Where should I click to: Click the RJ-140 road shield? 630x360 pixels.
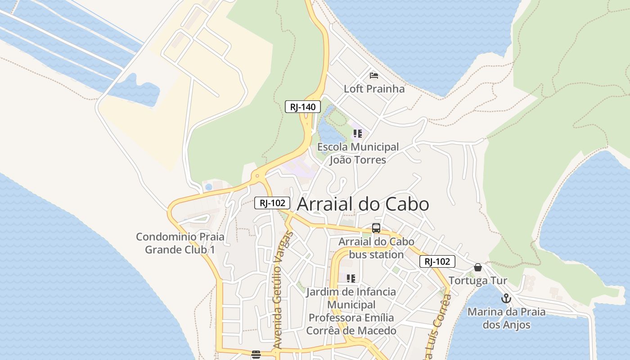pos(303,107)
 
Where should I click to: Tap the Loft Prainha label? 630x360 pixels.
pos(374,89)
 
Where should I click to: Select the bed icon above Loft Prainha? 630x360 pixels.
pos(373,75)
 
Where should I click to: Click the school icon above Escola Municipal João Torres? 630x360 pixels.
pos(357,134)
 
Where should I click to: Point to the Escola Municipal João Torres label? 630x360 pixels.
pos(358,153)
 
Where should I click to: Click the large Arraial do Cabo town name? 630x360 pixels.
pos(363,204)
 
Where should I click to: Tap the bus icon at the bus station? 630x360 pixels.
pos(376,228)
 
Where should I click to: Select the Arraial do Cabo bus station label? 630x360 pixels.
pos(376,248)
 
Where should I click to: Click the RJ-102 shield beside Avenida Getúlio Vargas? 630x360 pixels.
pos(272,203)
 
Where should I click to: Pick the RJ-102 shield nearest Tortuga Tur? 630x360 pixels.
pos(437,261)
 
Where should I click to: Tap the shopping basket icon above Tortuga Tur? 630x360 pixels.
pos(478,267)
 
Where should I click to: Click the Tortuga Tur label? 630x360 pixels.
pos(478,281)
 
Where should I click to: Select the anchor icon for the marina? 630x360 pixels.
pos(506,298)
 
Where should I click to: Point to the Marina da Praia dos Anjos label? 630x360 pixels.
pos(506,318)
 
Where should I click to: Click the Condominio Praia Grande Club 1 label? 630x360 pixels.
pos(180,243)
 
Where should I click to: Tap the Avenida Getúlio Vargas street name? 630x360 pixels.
pos(283,290)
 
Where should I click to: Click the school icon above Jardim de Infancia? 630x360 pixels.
pos(351,279)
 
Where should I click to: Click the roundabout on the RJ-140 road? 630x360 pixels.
pos(257,176)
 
